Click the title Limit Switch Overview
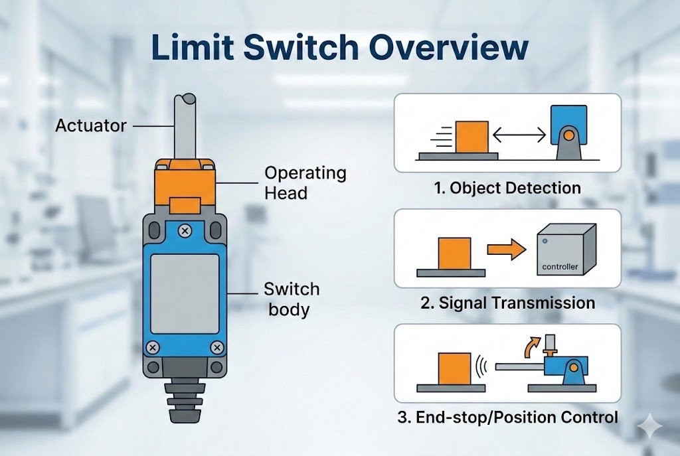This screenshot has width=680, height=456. [x=340, y=50]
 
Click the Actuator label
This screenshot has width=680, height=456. [x=91, y=125]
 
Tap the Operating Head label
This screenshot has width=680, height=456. [x=305, y=183]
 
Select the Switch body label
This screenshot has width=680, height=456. [x=292, y=299]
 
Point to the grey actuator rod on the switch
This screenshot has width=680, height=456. [x=183, y=126]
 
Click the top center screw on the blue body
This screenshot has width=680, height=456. [x=185, y=231]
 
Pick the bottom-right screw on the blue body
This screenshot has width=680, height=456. [x=216, y=347]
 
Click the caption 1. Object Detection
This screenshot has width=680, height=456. [x=507, y=188]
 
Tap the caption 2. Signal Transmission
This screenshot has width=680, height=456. [x=507, y=303]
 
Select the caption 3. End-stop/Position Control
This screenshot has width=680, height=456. [x=507, y=418]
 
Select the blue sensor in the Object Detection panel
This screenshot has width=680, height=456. [x=568, y=129]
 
